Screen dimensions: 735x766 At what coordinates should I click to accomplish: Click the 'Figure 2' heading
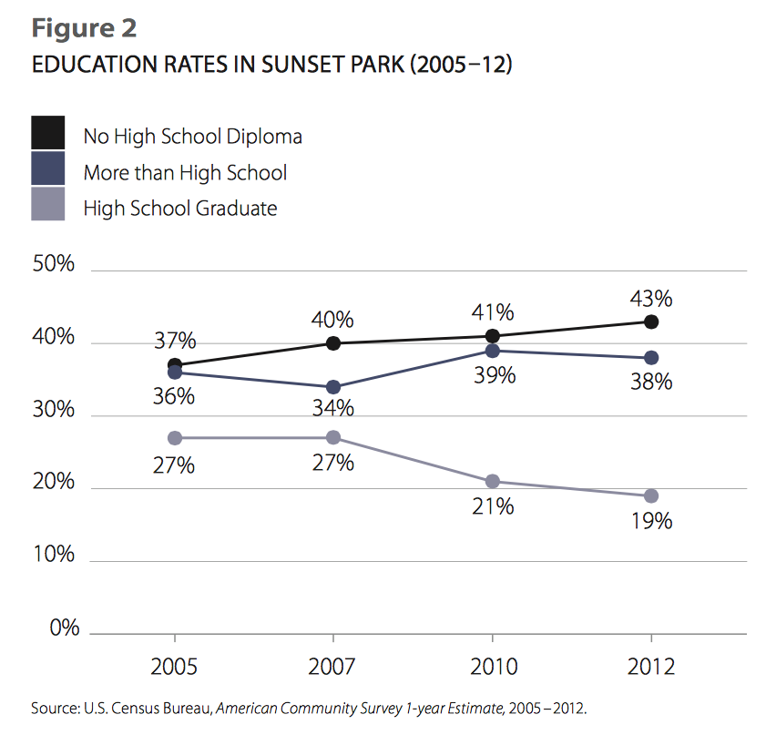85,28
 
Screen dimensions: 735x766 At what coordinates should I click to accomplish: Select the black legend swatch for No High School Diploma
48,133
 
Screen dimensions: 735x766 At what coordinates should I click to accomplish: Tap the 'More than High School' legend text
185,172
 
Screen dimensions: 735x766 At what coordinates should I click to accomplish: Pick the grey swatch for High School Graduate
48,205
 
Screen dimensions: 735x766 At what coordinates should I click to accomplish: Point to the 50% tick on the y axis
54,265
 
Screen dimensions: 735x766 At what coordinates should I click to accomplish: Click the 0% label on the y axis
59,628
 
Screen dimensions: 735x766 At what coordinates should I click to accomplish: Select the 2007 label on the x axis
333,667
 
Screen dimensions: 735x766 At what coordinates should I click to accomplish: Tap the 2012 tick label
650,667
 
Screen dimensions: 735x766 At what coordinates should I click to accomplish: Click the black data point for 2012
651,322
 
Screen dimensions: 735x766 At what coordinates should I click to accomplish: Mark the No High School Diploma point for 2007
333,343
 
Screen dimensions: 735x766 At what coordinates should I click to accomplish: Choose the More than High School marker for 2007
333,387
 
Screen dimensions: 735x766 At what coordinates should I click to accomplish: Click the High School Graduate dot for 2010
493,481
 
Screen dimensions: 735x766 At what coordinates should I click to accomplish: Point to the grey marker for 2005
175,437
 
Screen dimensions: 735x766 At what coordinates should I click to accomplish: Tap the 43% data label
650,298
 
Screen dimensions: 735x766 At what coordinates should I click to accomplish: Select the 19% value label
650,521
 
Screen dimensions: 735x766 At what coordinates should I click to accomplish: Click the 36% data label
174,398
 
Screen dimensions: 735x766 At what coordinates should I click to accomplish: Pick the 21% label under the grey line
493,506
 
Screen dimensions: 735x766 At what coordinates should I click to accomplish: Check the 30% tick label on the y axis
54,410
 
